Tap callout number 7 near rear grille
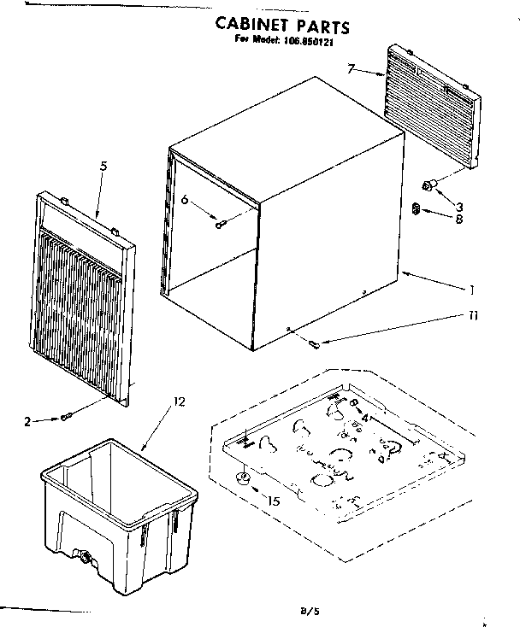pyautogui.click(x=351, y=67)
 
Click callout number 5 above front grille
pyautogui.click(x=103, y=166)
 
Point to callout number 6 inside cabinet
pyautogui.click(x=184, y=200)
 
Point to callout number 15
pyautogui.click(x=274, y=501)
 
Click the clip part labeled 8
pyautogui.click(x=417, y=208)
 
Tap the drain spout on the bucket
pyautogui.click(x=86, y=558)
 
